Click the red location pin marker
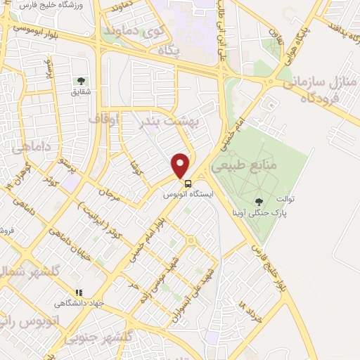(181, 165)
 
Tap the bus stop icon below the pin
(188, 184)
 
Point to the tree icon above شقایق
(80, 81)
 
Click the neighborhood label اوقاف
(105, 120)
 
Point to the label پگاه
(169, 51)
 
